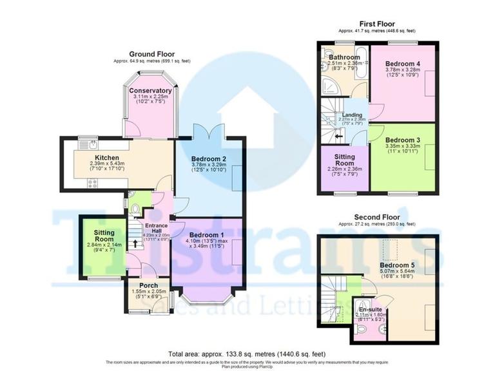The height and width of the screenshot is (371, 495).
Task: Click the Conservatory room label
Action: coord(150,91)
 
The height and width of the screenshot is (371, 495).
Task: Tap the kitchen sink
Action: coord(93,144)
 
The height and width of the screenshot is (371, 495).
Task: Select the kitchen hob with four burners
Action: coord(92,182)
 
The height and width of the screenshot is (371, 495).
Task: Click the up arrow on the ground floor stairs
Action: coord(134,243)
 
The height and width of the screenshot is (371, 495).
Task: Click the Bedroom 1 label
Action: coord(206,234)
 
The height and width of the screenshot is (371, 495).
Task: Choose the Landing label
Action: coord(352,115)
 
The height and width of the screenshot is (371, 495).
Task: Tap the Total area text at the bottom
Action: coord(247,354)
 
